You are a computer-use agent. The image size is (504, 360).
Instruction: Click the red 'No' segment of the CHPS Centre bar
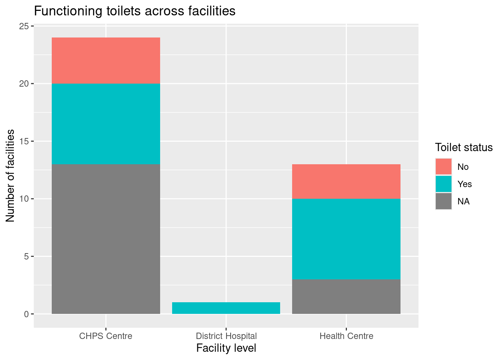coord(106,60)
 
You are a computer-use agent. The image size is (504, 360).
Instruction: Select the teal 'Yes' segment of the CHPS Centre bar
coord(106,124)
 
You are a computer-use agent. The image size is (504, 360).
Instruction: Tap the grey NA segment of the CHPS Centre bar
coord(106,239)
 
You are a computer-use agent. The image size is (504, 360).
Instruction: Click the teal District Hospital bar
coord(226,308)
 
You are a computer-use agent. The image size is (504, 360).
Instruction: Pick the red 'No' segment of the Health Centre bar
coord(346,181)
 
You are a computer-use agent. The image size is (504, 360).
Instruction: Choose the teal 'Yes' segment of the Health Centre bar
coord(346,239)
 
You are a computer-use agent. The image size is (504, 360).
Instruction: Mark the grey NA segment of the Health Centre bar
coord(346,297)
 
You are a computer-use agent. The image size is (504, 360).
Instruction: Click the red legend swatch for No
coord(444,166)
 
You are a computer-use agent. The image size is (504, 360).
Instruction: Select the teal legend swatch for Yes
coord(444,184)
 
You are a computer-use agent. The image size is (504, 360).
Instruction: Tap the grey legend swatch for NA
coord(444,201)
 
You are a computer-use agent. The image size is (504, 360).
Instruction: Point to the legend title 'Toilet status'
coord(463,147)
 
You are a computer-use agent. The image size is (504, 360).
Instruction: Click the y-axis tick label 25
coord(24,26)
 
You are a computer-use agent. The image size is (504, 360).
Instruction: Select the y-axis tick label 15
coord(24,141)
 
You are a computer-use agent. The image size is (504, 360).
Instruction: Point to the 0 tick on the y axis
coord(26,314)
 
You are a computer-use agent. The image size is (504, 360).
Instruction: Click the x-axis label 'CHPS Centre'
coord(106,336)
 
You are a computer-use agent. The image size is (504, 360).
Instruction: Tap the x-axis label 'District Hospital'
coord(226,336)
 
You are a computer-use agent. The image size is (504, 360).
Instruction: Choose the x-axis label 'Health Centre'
coord(346,336)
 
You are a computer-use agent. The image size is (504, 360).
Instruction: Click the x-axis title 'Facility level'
coord(226,348)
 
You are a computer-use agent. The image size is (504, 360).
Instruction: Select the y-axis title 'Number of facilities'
coord(10,175)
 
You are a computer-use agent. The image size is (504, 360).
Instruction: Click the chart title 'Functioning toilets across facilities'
coord(135,11)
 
